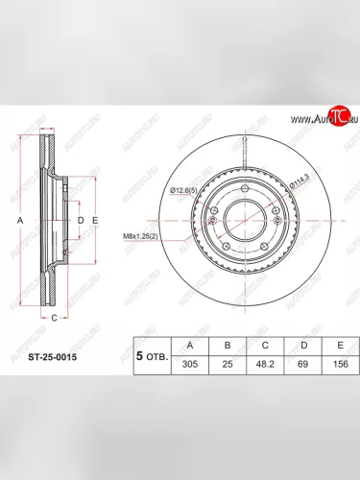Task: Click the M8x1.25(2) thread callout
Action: coord(144,236)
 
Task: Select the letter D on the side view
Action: coord(81,221)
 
